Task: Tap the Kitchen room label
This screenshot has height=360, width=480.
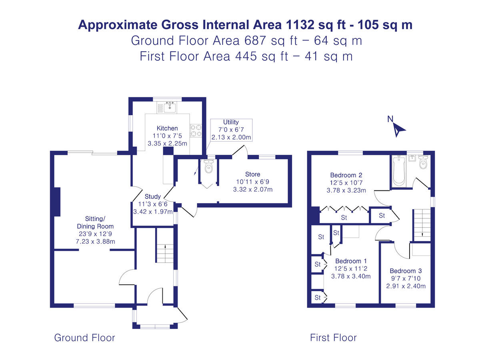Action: [x=167, y=128]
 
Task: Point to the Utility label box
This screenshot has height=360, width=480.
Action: [x=231, y=130]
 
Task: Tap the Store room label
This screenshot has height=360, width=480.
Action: [x=252, y=174]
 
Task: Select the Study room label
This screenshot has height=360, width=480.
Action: [x=153, y=196]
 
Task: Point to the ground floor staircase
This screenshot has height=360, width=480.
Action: [x=164, y=253]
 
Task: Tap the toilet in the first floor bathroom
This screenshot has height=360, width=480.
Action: [x=424, y=162]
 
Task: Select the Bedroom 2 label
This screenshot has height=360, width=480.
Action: [x=346, y=175]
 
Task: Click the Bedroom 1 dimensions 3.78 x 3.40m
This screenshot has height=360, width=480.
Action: [x=351, y=276]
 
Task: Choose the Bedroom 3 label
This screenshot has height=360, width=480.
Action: [x=406, y=270]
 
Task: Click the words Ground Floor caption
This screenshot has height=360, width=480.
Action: [x=84, y=338]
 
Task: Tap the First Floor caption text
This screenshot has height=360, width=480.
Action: [x=333, y=338]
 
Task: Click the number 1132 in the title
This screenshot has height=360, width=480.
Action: [x=300, y=25]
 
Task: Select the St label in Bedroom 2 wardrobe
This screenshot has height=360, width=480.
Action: [x=344, y=218]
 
